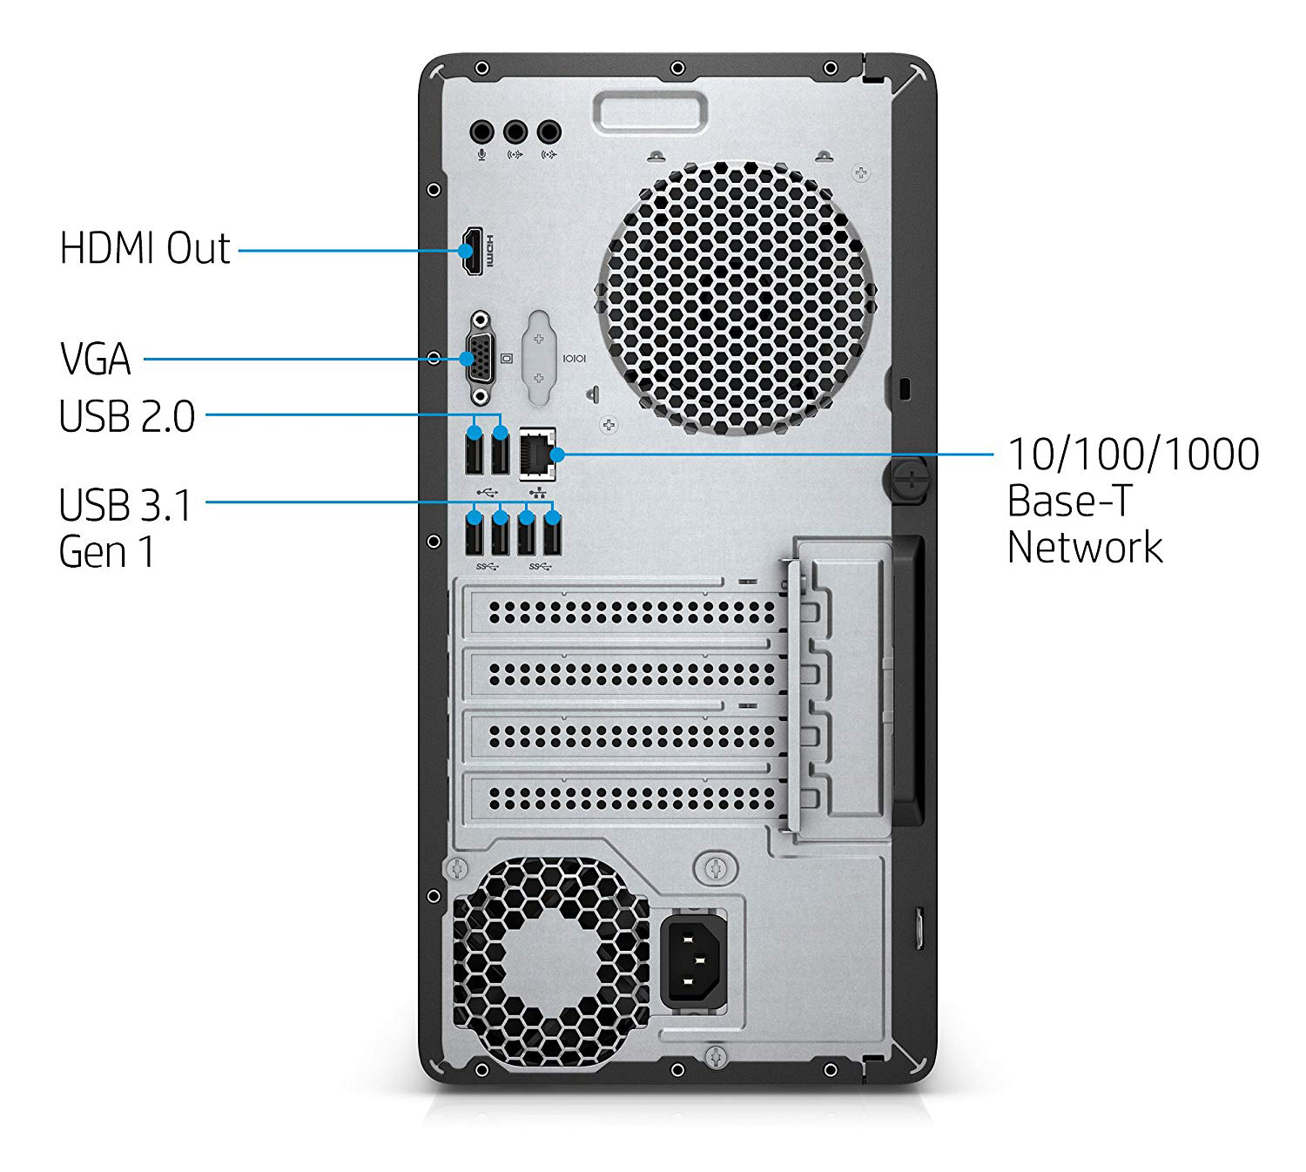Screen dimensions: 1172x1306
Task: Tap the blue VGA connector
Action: pos(479,358)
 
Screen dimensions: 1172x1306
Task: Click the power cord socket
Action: pos(693,960)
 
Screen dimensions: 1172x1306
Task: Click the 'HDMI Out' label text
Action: pos(145,249)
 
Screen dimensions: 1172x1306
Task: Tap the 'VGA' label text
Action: pos(96,359)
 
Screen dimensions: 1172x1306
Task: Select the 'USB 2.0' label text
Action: pos(127,416)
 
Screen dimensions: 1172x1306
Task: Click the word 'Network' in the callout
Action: pos(1084,547)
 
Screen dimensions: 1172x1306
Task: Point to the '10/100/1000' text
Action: pos(1133,455)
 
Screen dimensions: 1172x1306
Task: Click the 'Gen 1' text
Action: pos(106,551)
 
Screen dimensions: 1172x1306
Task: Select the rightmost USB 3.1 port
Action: pos(552,534)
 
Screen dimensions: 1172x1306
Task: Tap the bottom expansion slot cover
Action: pos(623,796)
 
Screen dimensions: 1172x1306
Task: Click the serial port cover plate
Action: pos(539,357)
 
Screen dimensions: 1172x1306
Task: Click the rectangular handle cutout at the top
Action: pos(650,114)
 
